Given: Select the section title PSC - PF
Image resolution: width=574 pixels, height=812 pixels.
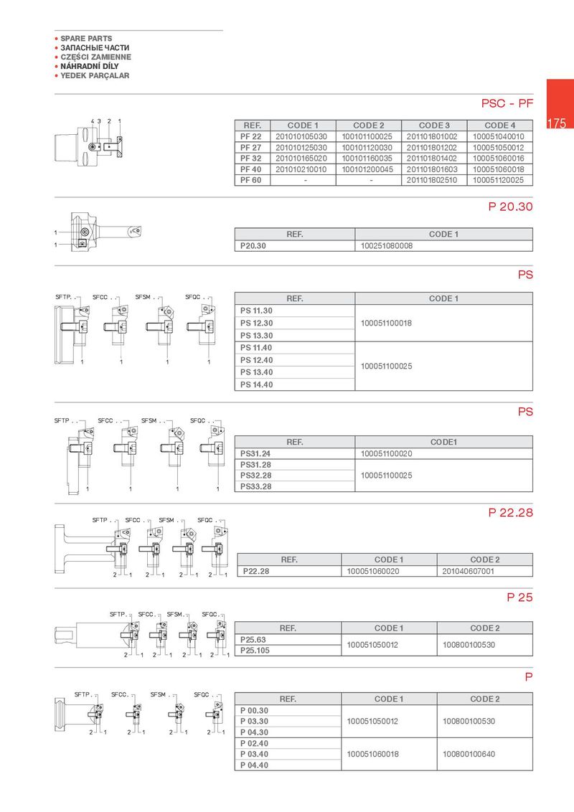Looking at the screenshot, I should (x=507, y=104).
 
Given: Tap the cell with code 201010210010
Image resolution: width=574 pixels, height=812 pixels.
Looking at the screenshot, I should (x=301, y=169).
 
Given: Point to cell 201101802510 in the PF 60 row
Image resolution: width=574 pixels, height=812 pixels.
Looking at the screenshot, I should (x=433, y=180).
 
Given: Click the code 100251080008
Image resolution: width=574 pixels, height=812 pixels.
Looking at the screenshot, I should (x=387, y=246).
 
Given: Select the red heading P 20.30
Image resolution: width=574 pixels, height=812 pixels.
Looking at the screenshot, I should (x=510, y=207).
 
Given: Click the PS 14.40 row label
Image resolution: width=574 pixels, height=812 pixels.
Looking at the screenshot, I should (x=257, y=384).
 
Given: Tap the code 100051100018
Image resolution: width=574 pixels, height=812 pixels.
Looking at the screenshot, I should (x=387, y=324).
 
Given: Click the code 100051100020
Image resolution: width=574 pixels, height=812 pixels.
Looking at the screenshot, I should (x=387, y=453).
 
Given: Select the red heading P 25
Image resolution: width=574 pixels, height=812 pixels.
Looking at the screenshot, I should (x=519, y=597).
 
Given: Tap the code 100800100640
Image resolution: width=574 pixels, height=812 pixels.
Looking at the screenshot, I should (x=469, y=754).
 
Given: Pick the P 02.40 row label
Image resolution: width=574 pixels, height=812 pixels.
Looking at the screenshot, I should (x=255, y=743).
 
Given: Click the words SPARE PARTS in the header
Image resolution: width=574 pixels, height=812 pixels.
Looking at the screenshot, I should (x=86, y=39).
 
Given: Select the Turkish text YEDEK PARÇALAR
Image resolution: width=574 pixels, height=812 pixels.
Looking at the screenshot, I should (x=95, y=75).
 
